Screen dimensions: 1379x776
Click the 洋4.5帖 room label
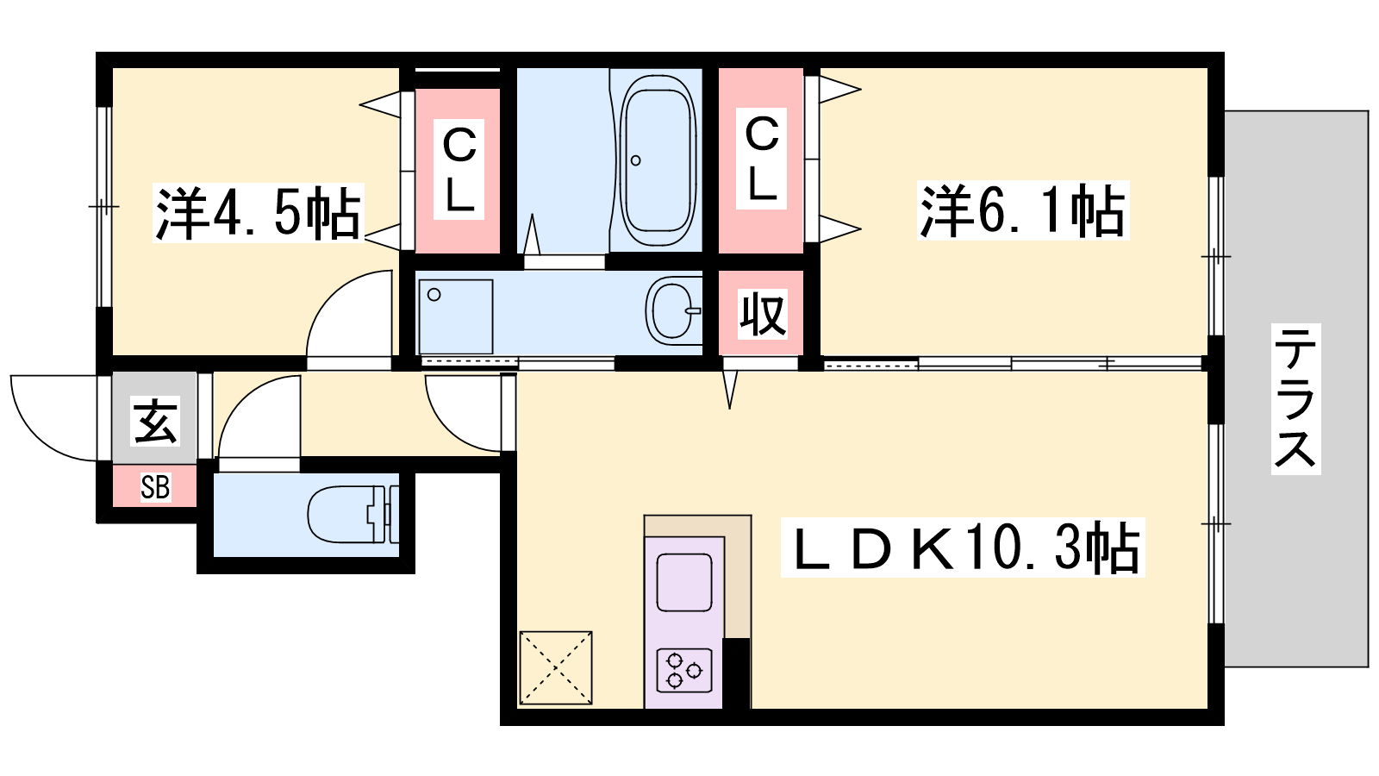pos(258,213)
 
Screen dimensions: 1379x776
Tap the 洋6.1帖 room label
pos(1022,210)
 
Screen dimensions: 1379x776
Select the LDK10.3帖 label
pos(963,548)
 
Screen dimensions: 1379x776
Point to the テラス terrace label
pos(1296,399)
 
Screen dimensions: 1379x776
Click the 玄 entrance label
pos(155,422)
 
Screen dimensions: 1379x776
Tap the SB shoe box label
pos(155,487)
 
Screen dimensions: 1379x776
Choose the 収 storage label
pos(762,314)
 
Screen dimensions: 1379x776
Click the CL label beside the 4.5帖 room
pos(459,169)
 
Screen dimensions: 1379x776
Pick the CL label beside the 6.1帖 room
pos(762,159)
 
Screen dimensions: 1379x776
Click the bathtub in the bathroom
pos(658,161)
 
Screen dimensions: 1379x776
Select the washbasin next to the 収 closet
pos(674,311)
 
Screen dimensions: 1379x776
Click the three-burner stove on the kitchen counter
pos(684,670)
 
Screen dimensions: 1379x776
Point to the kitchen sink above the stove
pos(684,582)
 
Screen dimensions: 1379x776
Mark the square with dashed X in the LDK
pos(556,667)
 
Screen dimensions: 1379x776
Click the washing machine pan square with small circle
pos(456,317)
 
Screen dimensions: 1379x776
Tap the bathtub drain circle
pos(636,160)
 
